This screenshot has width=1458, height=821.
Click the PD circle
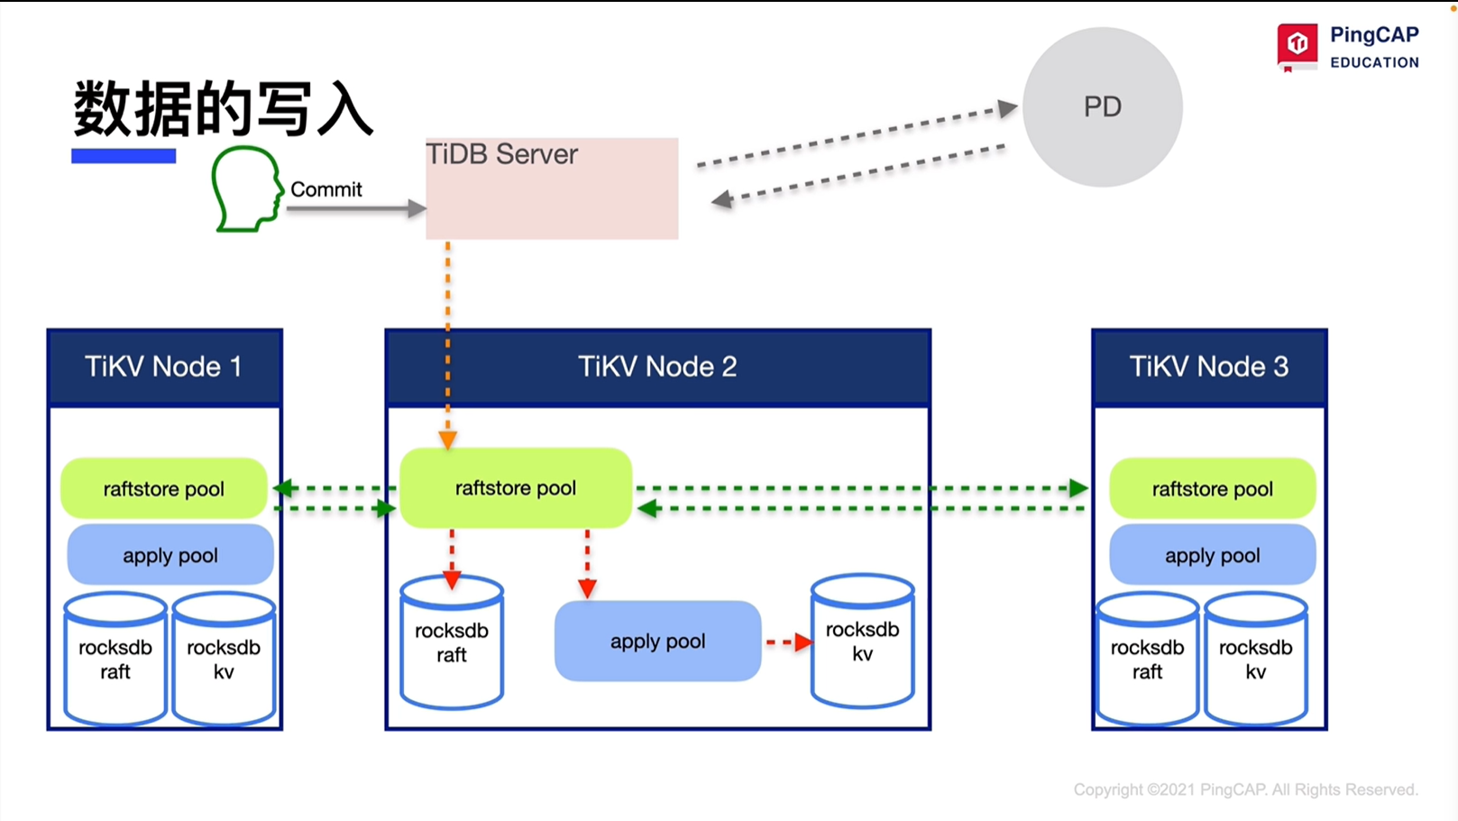(x=1102, y=107)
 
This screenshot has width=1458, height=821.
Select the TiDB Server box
(x=552, y=189)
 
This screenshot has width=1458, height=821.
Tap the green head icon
(x=246, y=189)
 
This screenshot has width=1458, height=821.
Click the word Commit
(x=326, y=189)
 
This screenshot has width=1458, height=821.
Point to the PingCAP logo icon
(x=1297, y=45)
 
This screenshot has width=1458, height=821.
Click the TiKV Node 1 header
(x=164, y=366)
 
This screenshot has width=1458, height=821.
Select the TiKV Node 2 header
(x=657, y=366)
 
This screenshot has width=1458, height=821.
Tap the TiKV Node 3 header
(x=1208, y=366)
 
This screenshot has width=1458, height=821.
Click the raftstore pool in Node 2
(x=515, y=488)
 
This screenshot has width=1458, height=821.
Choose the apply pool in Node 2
(x=657, y=641)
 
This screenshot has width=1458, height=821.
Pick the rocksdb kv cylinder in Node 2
(x=862, y=641)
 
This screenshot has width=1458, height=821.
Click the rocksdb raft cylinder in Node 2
(x=452, y=643)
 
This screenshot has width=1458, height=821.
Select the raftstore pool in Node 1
(x=163, y=489)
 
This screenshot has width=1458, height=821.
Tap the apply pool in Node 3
(x=1212, y=556)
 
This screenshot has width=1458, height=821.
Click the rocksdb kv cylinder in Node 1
(x=224, y=660)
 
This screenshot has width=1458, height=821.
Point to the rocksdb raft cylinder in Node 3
(x=1147, y=660)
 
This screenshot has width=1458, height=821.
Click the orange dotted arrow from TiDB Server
(x=447, y=343)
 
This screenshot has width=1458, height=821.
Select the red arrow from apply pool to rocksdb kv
(x=788, y=642)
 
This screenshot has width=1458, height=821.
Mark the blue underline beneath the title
(x=124, y=156)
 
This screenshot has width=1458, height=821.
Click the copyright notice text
(x=1245, y=789)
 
